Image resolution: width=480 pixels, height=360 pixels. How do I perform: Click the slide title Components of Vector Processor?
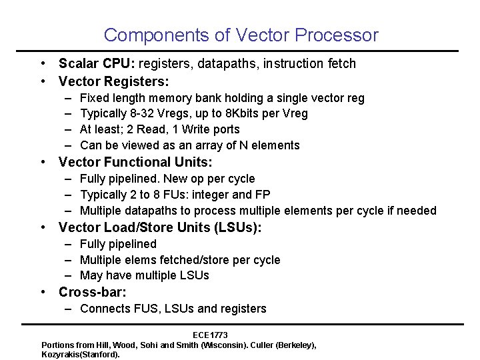pyautogui.click(x=241, y=35)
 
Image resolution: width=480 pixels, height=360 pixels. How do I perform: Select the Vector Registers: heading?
pyautogui.click(x=114, y=81)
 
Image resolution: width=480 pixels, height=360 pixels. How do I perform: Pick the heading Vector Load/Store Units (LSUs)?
pyautogui.click(x=160, y=227)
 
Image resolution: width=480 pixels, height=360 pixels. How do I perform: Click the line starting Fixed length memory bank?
pyautogui.click(x=222, y=98)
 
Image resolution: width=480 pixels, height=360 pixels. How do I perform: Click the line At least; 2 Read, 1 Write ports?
pyautogui.click(x=159, y=129)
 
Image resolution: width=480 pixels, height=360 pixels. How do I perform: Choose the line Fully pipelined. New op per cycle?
pyautogui.click(x=167, y=179)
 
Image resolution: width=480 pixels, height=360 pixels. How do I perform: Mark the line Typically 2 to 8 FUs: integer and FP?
pyautogui.click(x=175, y=195)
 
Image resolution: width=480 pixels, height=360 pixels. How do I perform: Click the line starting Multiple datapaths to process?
pyautogui.click(x=258, y=211)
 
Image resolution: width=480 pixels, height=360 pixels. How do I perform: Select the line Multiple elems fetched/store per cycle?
pyautogui.click(x=180, y=260)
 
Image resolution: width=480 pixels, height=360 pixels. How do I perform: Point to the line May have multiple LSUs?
pyautogui.click(x=144, y=275)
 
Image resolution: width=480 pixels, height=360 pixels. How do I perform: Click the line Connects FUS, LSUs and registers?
pyautogui.click(x=173, y=309)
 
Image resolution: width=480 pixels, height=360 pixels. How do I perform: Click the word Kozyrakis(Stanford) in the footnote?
pyautogui.click(x=81, y=354)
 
